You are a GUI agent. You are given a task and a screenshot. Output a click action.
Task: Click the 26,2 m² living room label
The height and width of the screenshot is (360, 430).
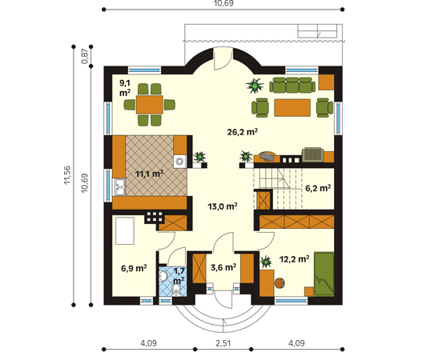(x=243, y=132)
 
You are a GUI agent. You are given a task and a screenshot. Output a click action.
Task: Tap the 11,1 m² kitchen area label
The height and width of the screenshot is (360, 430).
(x=150, y=174)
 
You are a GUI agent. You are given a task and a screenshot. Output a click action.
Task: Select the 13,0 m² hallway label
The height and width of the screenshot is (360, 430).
(x=223, y=206)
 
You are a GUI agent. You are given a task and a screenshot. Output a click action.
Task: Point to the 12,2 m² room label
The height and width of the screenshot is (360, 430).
(x=295, y=258)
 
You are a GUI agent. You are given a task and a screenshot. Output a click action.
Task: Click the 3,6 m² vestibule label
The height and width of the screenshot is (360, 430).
(x=223, y=267)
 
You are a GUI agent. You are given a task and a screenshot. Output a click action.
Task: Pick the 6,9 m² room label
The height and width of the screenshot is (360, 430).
(x=134, y=268)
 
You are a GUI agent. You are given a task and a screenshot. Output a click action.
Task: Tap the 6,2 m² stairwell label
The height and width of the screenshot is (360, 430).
(x=318, y=188)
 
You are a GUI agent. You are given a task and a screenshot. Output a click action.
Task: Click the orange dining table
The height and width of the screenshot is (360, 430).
(x=150, y=104)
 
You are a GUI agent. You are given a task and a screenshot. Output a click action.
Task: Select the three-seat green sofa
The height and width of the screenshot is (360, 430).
(x=292, y=85)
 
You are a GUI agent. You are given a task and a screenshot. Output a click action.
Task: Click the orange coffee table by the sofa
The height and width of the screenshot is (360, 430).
(x=292, y=108)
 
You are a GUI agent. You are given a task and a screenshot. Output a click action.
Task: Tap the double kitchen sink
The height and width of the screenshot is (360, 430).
(x=119, y=187)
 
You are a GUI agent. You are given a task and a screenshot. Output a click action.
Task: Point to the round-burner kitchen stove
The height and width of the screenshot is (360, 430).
(x=180, y=161)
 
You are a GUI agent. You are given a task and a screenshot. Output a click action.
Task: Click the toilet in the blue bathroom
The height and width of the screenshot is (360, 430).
(x=175, y=290)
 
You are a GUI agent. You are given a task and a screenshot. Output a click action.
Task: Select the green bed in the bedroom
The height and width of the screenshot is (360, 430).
(x=324, y=274)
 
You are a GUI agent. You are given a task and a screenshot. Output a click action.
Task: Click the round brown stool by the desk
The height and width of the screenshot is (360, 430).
(x=279, y=283)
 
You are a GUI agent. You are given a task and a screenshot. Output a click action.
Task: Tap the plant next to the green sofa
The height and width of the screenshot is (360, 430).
(x=255, y=86)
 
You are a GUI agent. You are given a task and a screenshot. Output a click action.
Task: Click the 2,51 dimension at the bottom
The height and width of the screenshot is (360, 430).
(x=223, y=343)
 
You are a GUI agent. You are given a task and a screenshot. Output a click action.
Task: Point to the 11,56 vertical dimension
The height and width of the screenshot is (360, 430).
(x=67, y=175)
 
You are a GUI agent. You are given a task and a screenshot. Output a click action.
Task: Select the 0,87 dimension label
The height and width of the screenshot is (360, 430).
(x=85, y=57)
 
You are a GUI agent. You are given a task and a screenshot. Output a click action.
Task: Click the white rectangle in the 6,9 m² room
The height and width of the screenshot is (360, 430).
(x=125, y=230)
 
